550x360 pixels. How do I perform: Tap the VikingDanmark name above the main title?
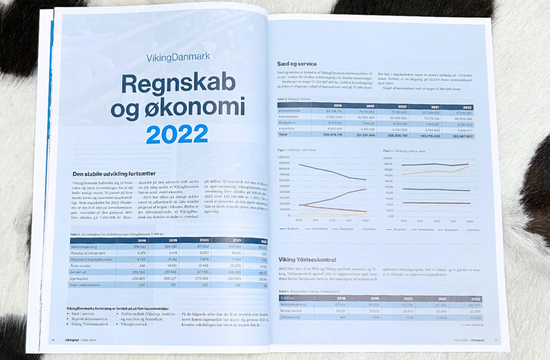pyautogui.click(x=179, y=56)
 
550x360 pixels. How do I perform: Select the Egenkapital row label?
pyautogui.click(x=83, y=278)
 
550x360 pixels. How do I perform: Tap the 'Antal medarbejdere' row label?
pyautogui.click(x=90, y=285)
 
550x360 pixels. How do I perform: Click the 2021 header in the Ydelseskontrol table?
pyautogui.click(x=440, y=297)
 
